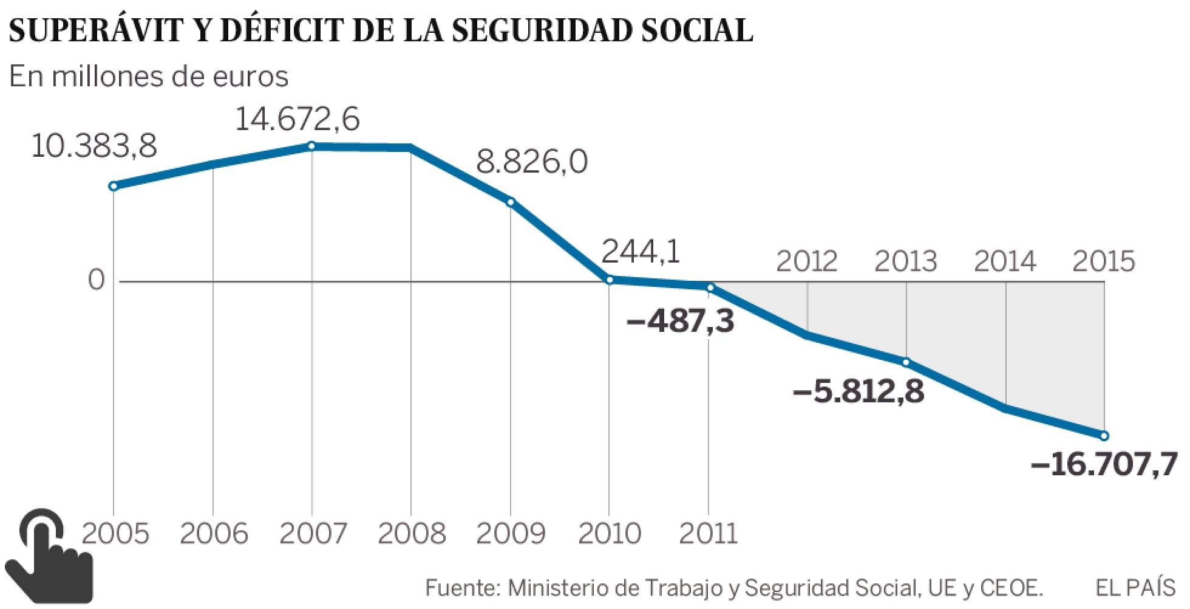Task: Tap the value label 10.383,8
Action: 93,146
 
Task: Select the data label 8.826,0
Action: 532,163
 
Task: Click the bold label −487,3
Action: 680,320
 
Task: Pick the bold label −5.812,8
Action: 858,391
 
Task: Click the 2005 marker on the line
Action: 113,187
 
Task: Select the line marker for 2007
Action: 311,146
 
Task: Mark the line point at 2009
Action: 511,202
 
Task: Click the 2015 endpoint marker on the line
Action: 1104,436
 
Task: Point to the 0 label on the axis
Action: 97,281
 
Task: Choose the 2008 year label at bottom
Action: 412,534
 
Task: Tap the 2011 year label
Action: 708,534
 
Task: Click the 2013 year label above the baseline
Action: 906,261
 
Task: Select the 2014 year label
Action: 1005,261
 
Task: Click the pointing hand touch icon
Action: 49,554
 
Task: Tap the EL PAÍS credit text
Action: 1135,588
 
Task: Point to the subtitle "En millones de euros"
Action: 149,77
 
